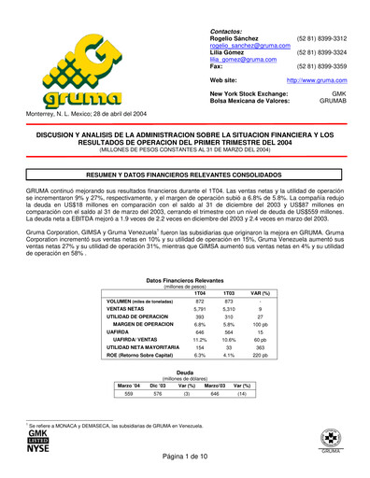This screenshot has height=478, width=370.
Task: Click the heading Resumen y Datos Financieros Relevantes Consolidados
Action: click(x=185, y=175)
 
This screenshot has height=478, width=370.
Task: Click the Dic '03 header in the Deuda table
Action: click(x=157, y=385)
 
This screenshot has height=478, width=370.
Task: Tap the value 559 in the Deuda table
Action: click(x=129, y=394)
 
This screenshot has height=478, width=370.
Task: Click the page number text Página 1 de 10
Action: click(x=185, y=466)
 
